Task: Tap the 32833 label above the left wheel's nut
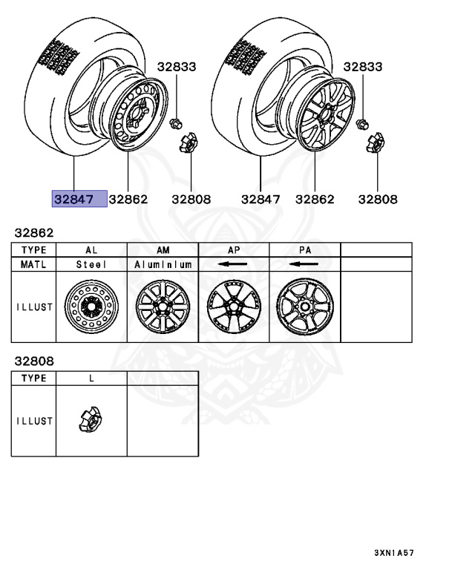tap(177, 67)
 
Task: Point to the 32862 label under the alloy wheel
tap(315, 199)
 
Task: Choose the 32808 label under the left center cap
tap(191, 199)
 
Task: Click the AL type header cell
tap(91, 250)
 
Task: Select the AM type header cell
tap(163, 250)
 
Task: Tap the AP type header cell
tap(234, 250)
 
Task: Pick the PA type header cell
tap(305, 250)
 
